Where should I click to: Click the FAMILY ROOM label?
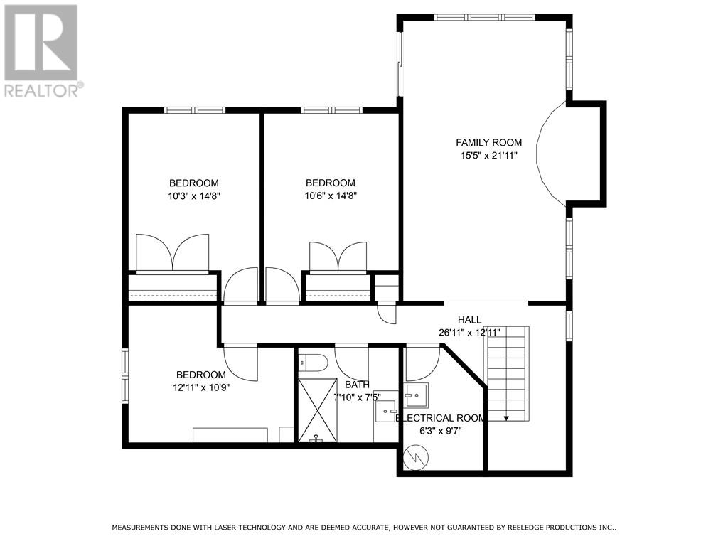(x=488, y=142)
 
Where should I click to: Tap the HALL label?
(x=469, y=319)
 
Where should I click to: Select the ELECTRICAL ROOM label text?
(x=440, y=418)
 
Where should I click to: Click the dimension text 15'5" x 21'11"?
(x=488, y=156)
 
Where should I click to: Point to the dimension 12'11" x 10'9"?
(x=201, y=387)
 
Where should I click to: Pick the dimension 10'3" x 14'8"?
(x=193, y=196)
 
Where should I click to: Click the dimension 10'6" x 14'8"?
(x=331, y=196)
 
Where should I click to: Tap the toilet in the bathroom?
(x=313, y=362)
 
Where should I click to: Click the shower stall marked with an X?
(x=318, y=410)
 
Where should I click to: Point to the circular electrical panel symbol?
(x=416, y=457)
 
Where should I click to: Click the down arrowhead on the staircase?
(x=506, y=418)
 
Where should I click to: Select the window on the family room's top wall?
(x=484, y=18)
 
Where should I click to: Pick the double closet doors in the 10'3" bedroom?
(x=172, y=252)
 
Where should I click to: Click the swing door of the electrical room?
(x=422, y=363)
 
